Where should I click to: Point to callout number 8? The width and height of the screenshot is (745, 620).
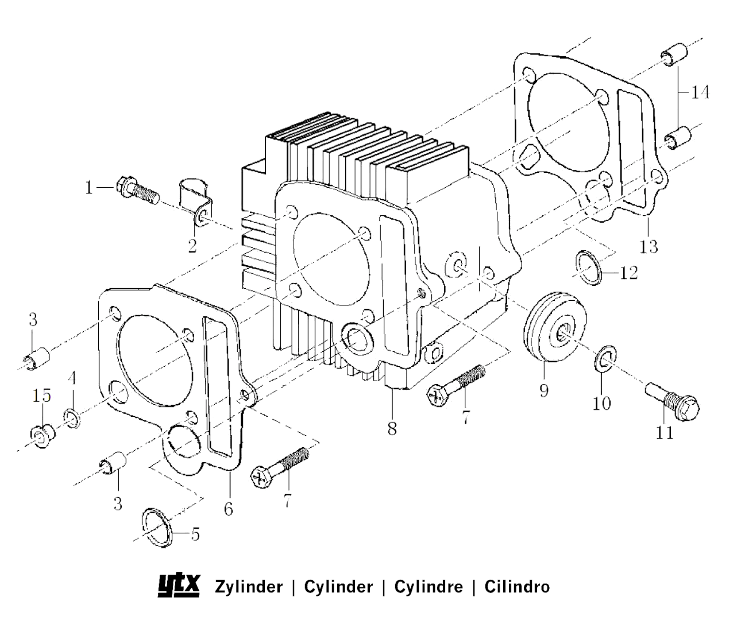(392, 429)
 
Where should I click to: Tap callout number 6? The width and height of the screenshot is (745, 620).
(229, 509)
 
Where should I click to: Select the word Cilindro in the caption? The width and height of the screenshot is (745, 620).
(517, 587)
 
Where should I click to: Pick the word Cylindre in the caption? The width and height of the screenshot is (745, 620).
(428, 587)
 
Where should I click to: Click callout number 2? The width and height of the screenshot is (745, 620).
(192, 246)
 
